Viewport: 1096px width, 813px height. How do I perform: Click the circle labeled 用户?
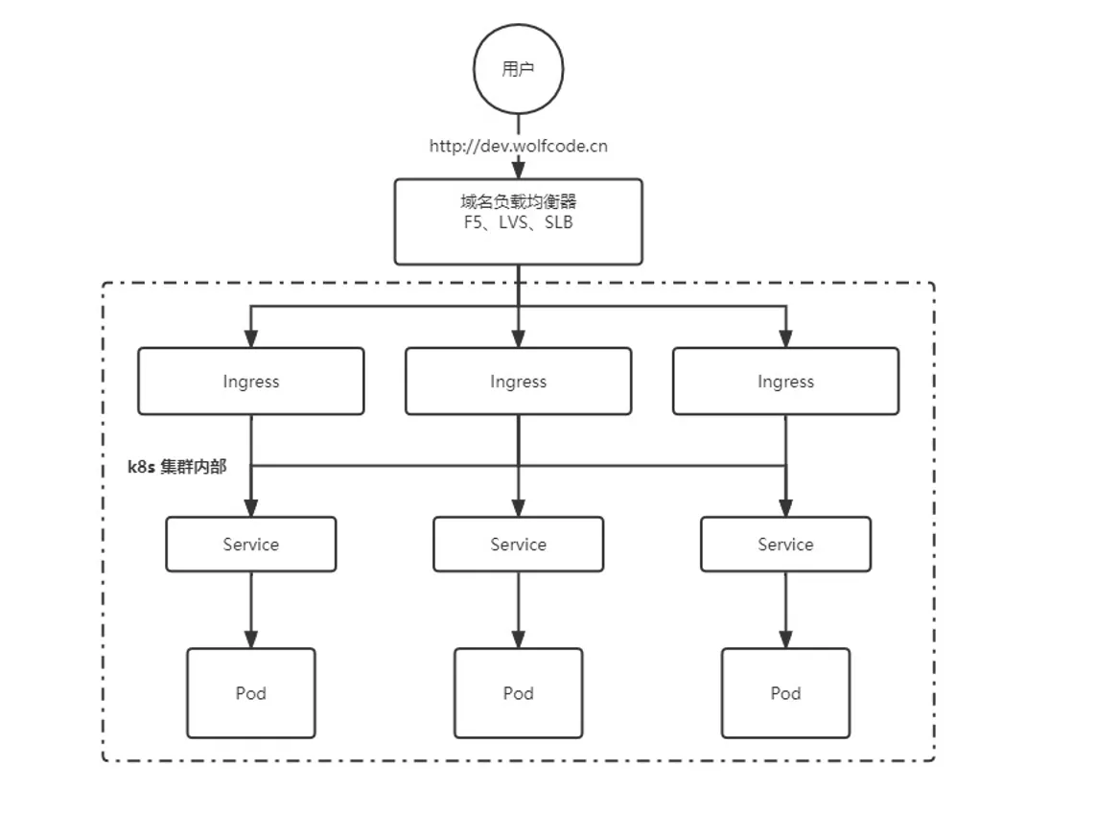click(x=518, y=69)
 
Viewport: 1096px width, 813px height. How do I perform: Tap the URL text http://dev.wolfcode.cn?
click(x=518, y=146)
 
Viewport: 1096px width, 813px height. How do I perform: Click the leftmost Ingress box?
click(x=250, y=382)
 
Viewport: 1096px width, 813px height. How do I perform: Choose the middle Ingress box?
click(x=518, y=382)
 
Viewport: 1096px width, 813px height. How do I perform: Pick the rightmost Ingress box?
click(x=785, y=382)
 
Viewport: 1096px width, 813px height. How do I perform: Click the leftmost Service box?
click(x=250, y=545)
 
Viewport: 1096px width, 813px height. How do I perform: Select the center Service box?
click(x=518, y=545)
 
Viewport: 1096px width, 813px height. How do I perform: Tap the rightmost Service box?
click(x=785, y=545)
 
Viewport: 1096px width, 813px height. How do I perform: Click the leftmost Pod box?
click(x=250, y=693)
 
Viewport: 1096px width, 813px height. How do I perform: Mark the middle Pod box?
click(x=518, y=693)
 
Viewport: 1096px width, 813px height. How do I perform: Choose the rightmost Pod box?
click(x=785, y=693)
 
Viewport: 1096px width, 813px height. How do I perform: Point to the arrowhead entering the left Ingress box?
click(x=250, y=338)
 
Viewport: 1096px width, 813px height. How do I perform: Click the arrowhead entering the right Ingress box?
click(x=785, y=338)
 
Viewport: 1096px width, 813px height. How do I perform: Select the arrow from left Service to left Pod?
click(x=250, y=610)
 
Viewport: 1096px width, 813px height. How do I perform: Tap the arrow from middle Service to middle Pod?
click(x=518, y=610)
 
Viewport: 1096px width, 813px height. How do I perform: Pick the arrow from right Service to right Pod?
click(x=785, y=610)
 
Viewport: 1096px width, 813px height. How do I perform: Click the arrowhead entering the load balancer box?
click(x=518, y=170)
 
